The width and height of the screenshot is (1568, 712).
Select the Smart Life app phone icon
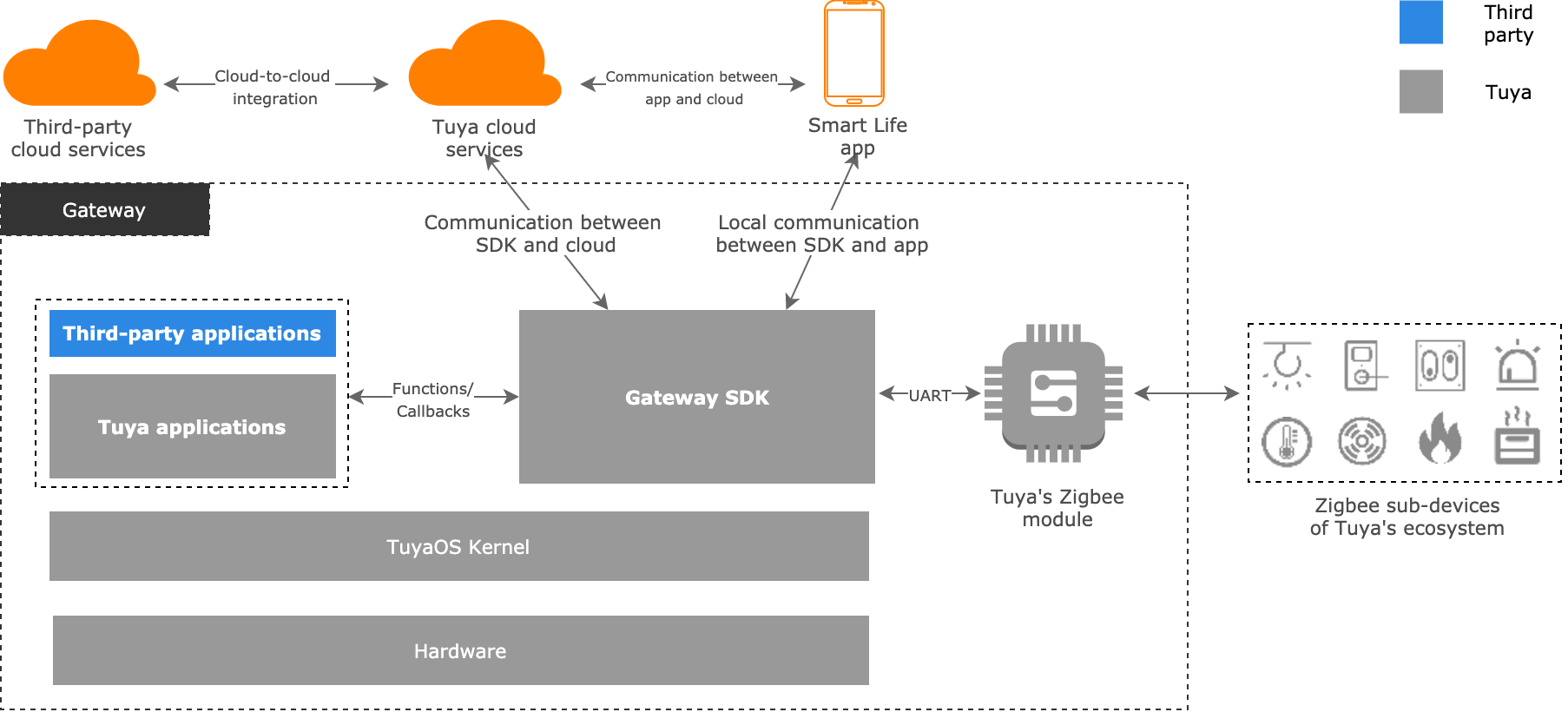point(854,54)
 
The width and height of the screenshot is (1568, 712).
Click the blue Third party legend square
point(1420,23)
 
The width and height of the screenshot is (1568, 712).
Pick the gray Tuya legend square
point(1420,92)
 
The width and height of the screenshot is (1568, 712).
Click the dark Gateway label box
point(104,210)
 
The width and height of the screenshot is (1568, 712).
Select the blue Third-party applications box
point(192,333)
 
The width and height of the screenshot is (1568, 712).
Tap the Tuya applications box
point(192,426)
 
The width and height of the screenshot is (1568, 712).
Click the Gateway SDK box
point(696,397)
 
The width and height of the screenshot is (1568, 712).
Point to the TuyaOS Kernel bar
point(458,546)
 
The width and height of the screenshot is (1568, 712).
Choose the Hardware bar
point(460,650)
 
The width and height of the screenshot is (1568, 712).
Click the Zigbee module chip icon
point(1053,393)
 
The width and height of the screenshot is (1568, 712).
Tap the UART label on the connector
point(929,395)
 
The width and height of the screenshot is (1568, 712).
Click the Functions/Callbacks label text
point(432,399)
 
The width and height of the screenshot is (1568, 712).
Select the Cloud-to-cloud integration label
point(273,87)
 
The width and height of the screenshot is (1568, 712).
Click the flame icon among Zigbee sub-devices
point(1440,439)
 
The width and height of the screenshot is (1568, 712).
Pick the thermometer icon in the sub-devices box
point(1287,441)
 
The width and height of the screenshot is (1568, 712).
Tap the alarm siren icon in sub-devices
point(1517,365)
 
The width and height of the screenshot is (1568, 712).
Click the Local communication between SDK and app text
point(820,234)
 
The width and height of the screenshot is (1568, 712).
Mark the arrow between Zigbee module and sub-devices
point(1186,393)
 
